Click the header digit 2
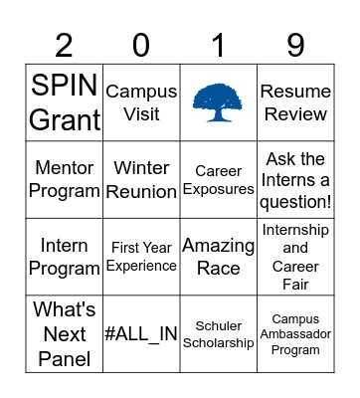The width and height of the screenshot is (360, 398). click(65, 45)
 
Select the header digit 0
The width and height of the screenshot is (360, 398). click(141, 45)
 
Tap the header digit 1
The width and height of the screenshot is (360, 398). click(218, 45)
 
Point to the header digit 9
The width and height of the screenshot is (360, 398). click(294, 45)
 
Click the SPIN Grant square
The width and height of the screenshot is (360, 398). click(65, 102)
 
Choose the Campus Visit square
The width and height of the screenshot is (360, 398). click(141, 102)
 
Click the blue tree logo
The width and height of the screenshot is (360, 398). click(218, 101)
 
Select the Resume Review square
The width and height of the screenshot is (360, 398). click(295, 102)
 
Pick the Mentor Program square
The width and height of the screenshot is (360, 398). click(65, 179)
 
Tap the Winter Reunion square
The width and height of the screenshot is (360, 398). click(141, 179)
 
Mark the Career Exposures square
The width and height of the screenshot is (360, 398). click(218, 179)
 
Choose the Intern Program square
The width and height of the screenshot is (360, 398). click(65, 257)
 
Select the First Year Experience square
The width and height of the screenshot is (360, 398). click(141, 257)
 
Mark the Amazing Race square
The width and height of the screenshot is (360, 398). click(218, 257)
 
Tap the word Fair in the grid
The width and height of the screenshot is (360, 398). click(295, 285)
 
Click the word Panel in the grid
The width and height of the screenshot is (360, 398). click(65, 358)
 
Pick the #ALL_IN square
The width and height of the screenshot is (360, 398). click(141, 334)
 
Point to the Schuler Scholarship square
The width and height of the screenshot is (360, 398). click(218, 334)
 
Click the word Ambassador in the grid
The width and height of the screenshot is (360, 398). click(295, 334)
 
